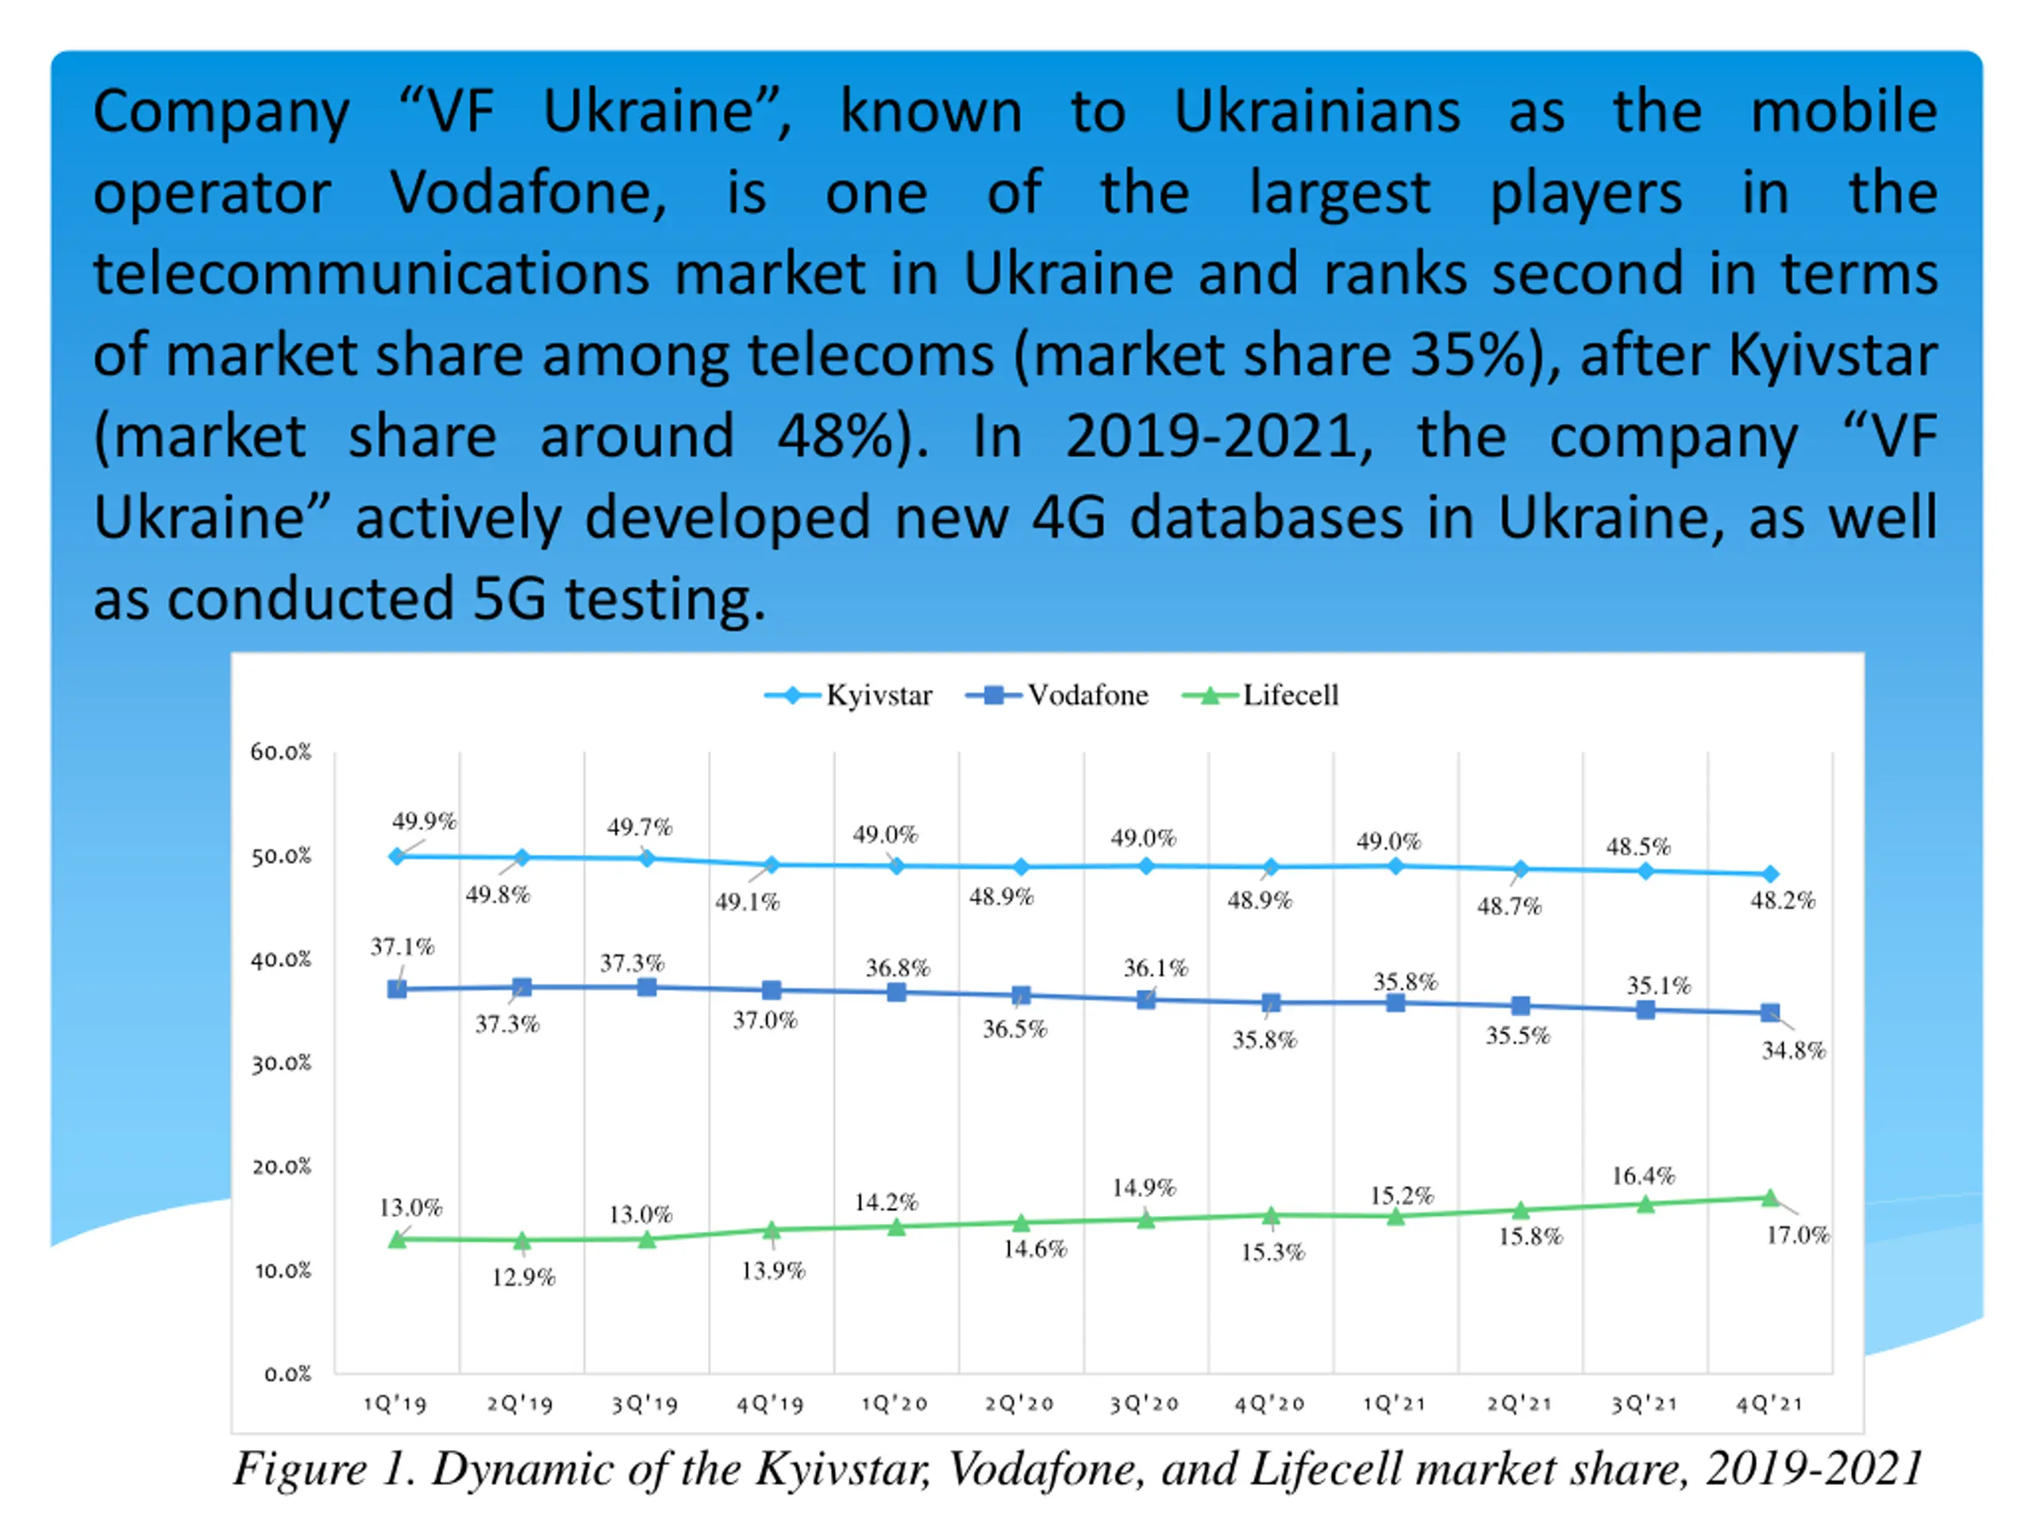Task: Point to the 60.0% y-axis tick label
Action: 281,752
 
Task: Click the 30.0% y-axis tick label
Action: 281,1063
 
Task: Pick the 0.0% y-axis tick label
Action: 287,1373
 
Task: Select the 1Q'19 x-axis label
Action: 395,1403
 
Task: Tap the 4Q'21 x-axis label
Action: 1769,1403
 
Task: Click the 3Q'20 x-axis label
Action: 1145,1403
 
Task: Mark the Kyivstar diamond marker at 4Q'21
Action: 1770,874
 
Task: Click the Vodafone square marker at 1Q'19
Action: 397,989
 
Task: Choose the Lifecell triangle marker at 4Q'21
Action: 1770,1198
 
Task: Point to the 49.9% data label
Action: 425,822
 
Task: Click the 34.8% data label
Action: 1793,1050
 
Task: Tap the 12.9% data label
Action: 524,1277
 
